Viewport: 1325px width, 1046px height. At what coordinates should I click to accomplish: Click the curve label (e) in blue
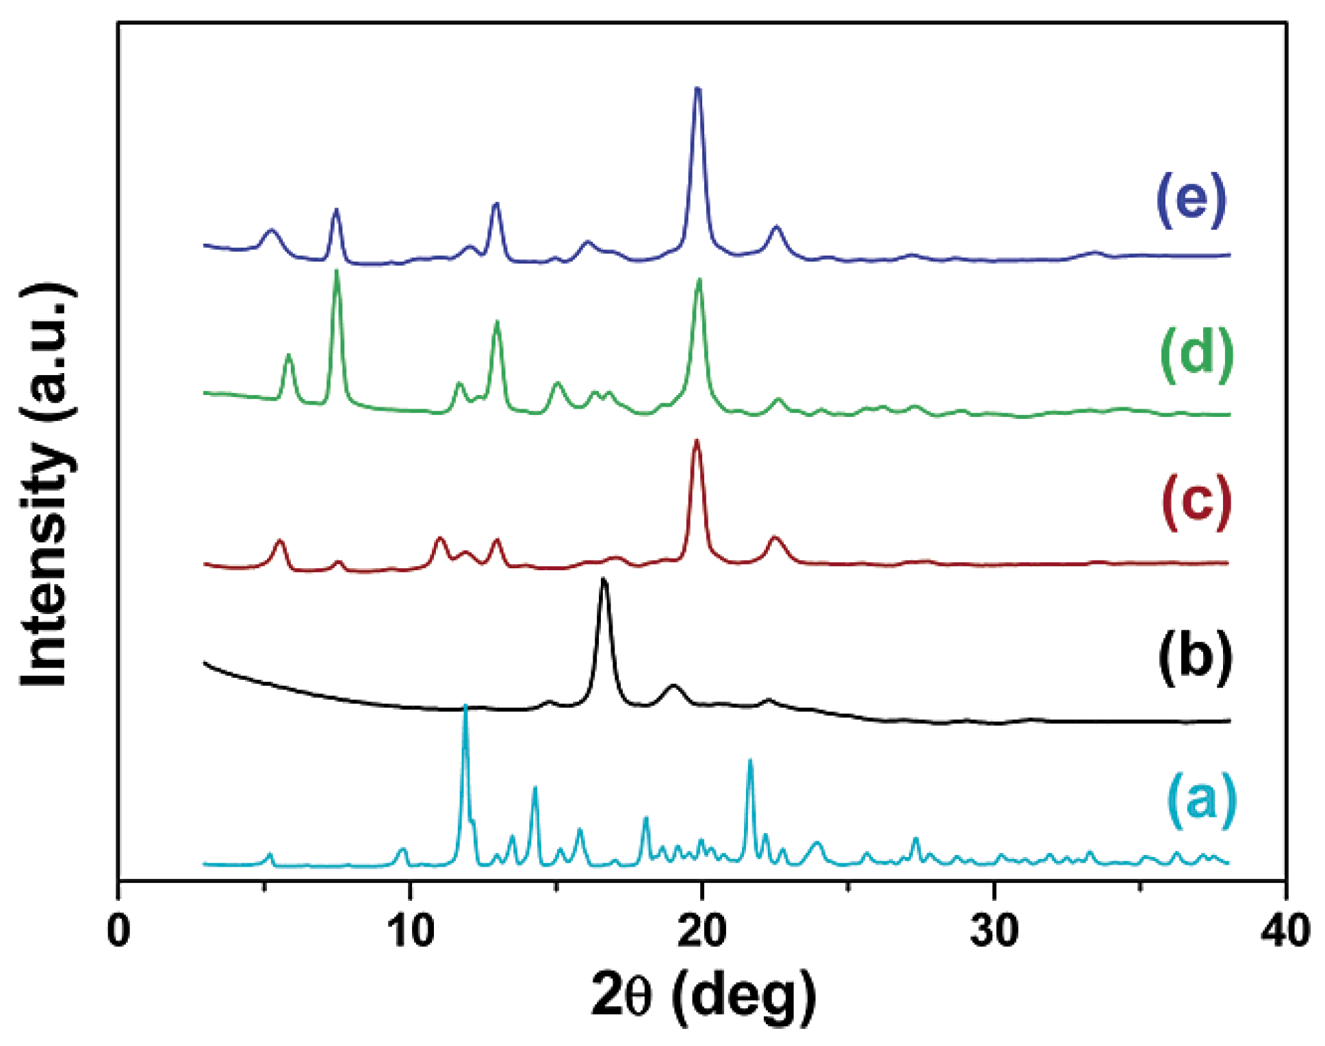click(x=1191, y=200)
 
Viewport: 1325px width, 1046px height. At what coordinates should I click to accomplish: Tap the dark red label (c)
click(x=1196, y=503)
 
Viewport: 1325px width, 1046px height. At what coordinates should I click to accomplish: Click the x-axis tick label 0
click(x=118, y=931)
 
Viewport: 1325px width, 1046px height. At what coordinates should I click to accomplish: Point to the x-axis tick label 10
click(x=410, y=931)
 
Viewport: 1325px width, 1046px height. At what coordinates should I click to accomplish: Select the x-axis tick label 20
click(x=702, y=931)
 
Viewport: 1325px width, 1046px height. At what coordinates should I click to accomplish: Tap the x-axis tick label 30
click(x=994, y=931)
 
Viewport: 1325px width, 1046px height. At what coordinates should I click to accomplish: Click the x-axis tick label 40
click(x=1285, y=931)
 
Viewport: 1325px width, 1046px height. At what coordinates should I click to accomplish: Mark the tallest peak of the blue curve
click(x=697, y=89)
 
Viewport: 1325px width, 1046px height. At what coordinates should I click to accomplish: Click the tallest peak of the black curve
click(x=603, y=580)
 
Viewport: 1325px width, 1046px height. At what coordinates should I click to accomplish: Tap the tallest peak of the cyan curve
click(x=465, y=706)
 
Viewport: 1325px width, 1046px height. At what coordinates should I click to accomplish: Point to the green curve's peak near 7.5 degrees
click(x=336, y=272)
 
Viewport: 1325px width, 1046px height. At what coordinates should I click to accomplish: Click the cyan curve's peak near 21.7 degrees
click(x=750, y=761)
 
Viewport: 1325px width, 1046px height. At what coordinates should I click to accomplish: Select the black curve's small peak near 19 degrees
click(x=674, y=685)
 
